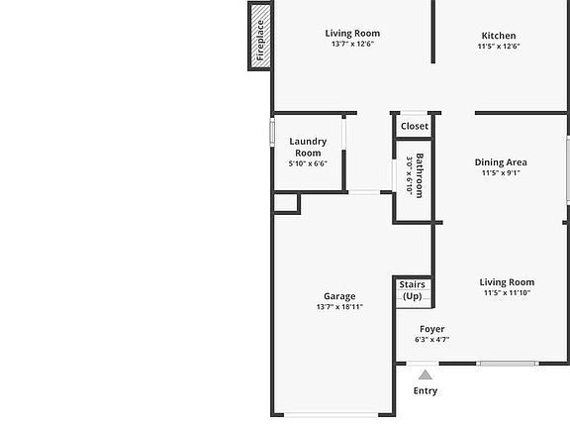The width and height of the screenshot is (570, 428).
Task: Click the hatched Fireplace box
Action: click(259, 36)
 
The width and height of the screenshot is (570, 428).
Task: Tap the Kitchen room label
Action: click(499, 36)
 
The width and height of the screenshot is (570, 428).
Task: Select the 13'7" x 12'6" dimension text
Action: click(352, 44)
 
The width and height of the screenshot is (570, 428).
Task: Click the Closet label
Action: click(415, 126)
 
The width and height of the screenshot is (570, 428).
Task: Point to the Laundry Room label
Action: click(308, 147)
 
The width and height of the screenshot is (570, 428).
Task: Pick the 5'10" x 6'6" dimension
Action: click(308, 163)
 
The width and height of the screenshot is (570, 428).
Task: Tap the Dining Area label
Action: click(501, 162)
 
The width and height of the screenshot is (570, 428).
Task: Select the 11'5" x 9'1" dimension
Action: click(501, 172)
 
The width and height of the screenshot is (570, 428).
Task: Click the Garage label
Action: click(339, 296)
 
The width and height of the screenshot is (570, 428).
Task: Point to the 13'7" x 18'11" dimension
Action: click(339, 307)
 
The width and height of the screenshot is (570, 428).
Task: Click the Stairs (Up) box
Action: click(413, 292)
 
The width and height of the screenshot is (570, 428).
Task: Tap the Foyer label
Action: click(432, 329)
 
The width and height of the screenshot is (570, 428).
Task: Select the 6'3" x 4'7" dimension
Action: click(432, 340)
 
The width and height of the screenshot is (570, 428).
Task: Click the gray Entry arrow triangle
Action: click(426, 374)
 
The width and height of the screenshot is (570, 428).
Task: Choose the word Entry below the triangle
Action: click(426, 391)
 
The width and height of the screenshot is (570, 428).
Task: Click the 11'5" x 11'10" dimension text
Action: click(507, 292)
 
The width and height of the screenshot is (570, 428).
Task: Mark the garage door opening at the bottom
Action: click(332, 415)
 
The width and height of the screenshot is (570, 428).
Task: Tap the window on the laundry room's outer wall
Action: click(272, 132)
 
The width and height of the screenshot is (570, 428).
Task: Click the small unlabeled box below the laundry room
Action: click(286, 203)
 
